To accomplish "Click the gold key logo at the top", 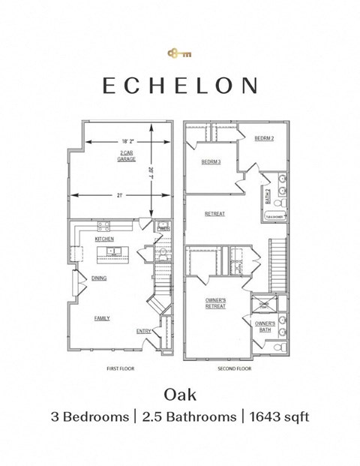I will click(180, 53).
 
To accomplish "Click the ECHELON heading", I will click(180, 85).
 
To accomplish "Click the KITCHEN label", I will click(104, 238).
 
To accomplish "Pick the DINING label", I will click(99, 278).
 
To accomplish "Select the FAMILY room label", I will click(101, 318).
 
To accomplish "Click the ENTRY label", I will click(143, 331).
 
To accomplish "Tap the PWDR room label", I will click(164, 228).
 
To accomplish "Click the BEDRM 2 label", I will click(263, 139).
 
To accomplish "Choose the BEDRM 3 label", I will click(211, 162).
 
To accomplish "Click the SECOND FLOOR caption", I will click(235, 369).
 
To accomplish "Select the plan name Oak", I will click(180, 393).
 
